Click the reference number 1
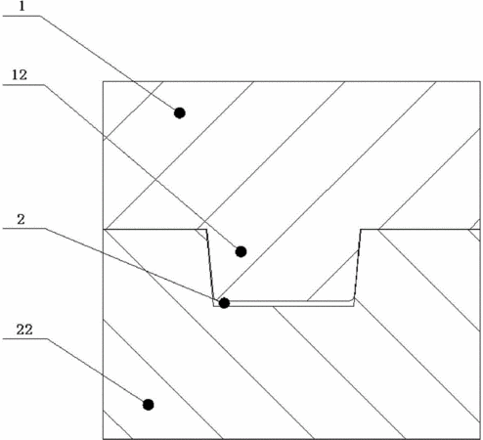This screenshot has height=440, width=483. click(x=22, y=6)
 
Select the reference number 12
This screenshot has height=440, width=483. click(x=20, y=75)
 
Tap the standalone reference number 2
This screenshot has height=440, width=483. click(x=21, y=220)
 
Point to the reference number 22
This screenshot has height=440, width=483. click(x=24, y=330)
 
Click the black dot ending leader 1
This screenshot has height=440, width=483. click(x=180, y=113)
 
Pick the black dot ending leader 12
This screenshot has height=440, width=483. click(x=241, y=251)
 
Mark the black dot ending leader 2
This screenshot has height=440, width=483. click(x=224, y=303)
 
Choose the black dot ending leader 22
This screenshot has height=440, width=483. click(x=149, y=405)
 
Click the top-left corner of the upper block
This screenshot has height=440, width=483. click(x=104, y=81)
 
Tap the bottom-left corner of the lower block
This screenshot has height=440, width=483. click(x=104, y=439)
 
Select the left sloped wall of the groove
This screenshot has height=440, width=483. click(x=210, y=268)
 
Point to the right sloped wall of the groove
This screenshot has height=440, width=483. click(x=358, y=268)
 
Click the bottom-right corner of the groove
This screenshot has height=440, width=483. click(x=354, y=306)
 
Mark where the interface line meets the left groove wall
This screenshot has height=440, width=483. click(x=206, y=230)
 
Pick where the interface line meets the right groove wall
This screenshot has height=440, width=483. click(x=361, y=230)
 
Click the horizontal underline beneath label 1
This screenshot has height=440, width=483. click(x=22, y=16)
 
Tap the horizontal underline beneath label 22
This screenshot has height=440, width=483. click(x=25, y=339)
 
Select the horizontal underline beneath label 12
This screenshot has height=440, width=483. click(x=23, y=85)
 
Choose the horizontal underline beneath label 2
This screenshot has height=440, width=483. click(x=23, y=229)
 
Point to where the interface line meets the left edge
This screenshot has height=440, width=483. click(x=104, y=230)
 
